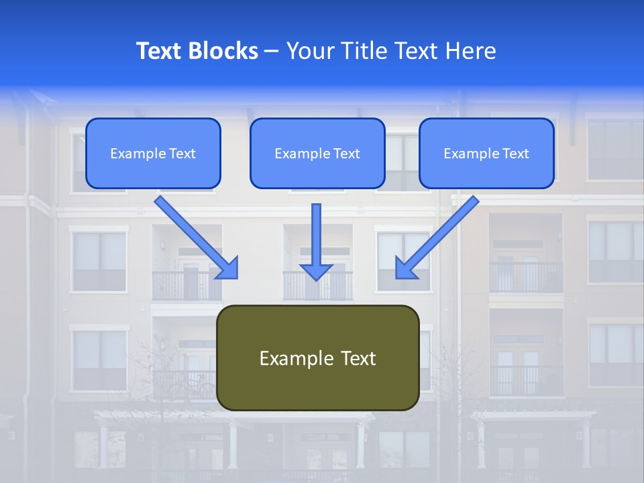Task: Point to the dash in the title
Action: pyautogui.click(x=272, y=52)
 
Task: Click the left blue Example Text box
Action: pyautogui.click(x=153, y=153)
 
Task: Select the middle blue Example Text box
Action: pyautogui.click(x=317, y=153)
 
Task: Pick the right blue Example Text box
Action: pyautogui.click(x=486, y=153)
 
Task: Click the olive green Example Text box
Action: pyautogui.click(x=317, y=358)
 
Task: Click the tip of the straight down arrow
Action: pyautogui.click(x=316, y=278)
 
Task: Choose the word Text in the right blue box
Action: pyautogui.click(x=516, y=154)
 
